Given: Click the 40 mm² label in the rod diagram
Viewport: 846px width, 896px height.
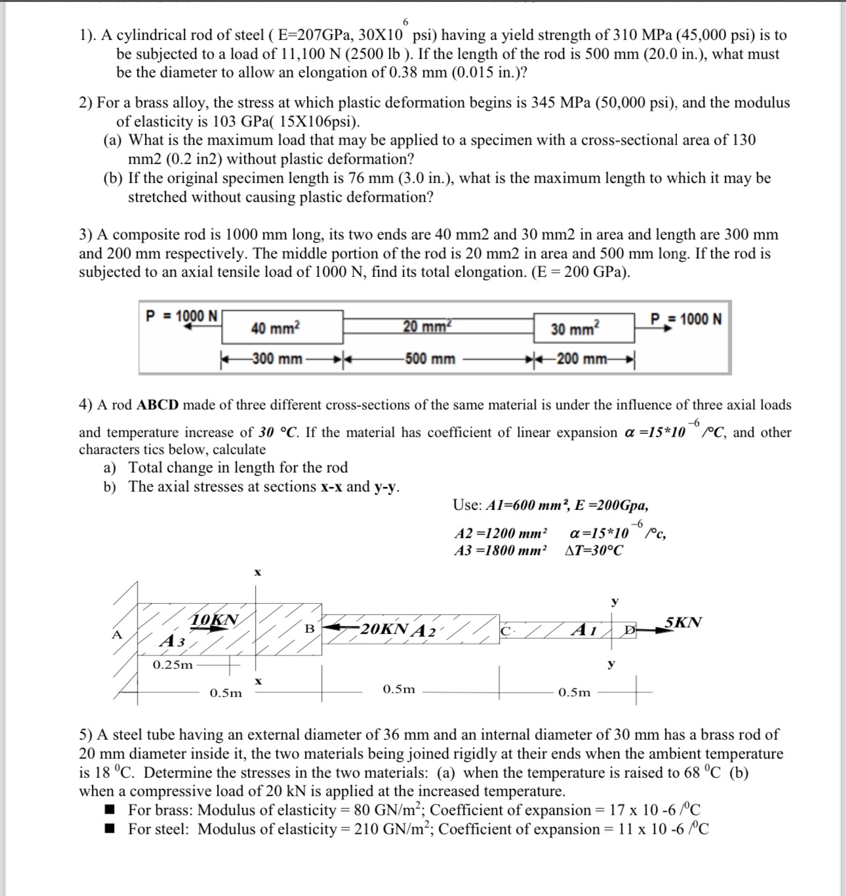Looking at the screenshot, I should [275, 328].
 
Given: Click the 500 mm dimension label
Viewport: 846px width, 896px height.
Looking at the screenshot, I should [430, 359].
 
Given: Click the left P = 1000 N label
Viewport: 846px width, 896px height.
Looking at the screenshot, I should [182, 316].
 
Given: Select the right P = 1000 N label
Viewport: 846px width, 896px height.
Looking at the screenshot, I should [686, 319].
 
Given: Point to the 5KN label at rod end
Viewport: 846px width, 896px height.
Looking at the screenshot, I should [683, 621].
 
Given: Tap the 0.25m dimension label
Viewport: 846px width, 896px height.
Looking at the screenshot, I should [173, 665].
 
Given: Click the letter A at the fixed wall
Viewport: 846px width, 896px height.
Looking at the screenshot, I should [117, 634].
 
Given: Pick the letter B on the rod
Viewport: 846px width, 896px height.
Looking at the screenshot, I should [310, 628].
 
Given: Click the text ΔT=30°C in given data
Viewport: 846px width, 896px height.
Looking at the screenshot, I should [594, 550].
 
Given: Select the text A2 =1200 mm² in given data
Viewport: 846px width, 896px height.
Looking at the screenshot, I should [500, 532].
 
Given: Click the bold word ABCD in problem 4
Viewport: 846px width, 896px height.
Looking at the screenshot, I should [157, 405].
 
